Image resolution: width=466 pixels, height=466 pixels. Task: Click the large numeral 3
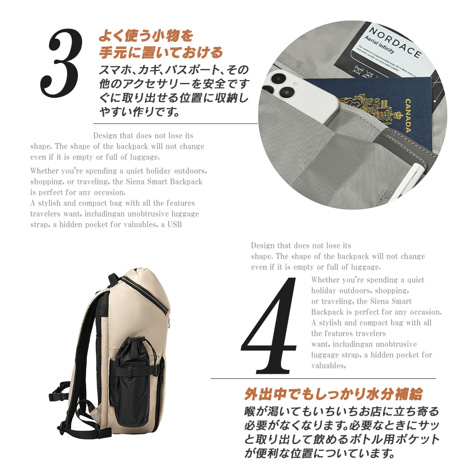point(61,63)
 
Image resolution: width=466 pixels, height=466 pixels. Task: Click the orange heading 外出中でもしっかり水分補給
point(334,394)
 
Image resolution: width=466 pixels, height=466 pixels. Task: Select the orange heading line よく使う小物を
point(146,36)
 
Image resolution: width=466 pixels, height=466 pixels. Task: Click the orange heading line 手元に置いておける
point(161,53)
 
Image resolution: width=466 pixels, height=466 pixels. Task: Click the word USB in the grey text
point(174,225)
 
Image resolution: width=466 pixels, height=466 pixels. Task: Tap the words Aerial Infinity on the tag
point(379,45)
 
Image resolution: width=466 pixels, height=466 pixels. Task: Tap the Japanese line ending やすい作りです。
point(140,112)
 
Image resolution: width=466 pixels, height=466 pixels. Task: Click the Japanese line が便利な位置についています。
point(320,453)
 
